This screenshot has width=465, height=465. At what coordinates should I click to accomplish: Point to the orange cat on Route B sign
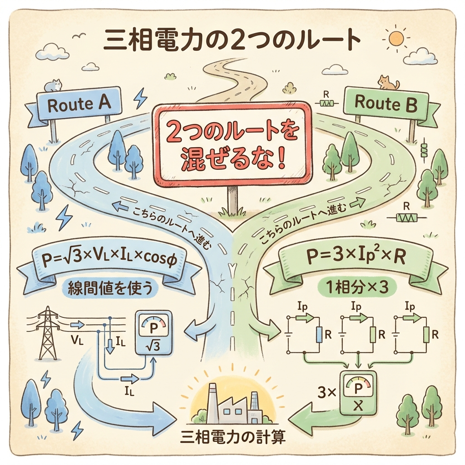coord(388,83)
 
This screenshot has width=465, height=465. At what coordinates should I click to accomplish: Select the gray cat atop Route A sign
coord(54,85)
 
